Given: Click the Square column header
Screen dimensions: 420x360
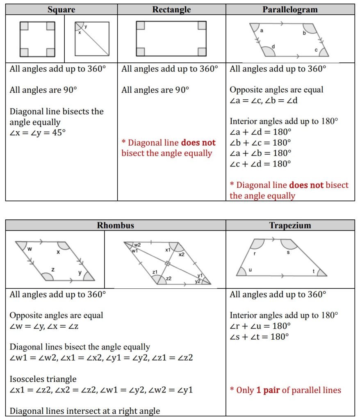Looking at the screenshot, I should point(62,9).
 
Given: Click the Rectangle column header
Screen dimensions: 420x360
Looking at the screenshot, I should point(171,9).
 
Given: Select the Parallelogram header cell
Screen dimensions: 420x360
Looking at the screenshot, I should point(290,9).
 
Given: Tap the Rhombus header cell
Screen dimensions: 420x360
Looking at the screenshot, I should point(115,225).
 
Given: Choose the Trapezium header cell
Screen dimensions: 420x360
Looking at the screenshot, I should point(290,225).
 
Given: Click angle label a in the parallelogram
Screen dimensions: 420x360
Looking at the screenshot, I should point(262,31).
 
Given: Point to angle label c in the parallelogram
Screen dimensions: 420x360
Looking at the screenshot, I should point(316,50).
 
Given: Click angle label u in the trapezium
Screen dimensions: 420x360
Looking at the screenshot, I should point(250,269).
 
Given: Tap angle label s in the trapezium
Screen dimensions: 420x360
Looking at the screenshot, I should point(288,252).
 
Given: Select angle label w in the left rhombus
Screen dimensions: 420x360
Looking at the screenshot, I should point(30,249).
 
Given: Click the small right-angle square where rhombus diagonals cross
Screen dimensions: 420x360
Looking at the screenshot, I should point(167,263).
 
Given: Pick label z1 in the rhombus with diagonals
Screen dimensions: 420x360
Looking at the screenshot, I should point(155,272).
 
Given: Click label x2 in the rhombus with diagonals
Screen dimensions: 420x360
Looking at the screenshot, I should point(181,254).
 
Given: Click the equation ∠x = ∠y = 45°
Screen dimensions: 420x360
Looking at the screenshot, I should point(38,132).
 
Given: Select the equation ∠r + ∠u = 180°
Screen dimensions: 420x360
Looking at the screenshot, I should point(260,326).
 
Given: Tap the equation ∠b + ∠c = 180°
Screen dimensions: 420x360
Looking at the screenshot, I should point(260,142).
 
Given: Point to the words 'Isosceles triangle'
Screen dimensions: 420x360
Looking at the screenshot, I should point(43,379).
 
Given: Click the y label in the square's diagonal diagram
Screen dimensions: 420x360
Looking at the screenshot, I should point(85,27).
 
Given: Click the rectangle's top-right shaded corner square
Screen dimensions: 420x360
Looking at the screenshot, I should point(202,25).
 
